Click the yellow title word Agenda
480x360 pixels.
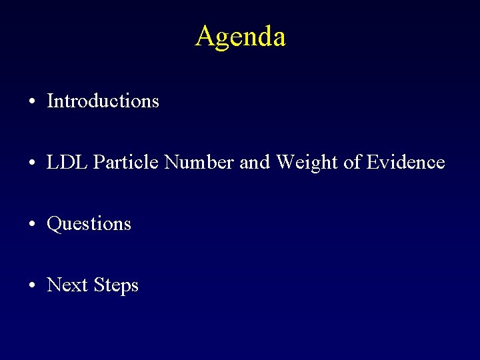(240, 36)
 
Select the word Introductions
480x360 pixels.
(103, 101)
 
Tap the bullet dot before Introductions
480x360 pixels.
(32, 101)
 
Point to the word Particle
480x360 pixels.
(127, 162)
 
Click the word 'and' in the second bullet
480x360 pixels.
(254, 162)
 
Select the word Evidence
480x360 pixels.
(405, 162)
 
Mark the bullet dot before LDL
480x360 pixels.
(32, 163)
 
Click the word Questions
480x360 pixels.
(89, 224)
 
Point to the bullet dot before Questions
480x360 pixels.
(32, 224)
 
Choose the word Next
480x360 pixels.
(67, 285)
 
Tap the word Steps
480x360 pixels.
(116, 285)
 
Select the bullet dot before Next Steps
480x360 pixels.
(32, 285)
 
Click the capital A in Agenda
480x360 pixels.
(205, 36)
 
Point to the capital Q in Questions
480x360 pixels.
(54, 224)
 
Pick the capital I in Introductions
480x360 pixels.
(51, 101)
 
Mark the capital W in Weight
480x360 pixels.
(285, 162)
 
